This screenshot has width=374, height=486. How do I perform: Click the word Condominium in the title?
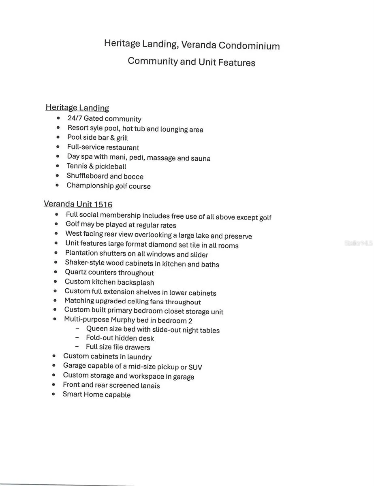249,45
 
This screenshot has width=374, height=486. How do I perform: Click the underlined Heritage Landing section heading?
77,108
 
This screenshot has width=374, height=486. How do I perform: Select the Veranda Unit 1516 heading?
78,204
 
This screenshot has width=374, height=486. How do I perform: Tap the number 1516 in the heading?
103,205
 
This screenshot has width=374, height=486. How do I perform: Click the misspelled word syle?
97,128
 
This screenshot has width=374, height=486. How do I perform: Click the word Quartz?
76,273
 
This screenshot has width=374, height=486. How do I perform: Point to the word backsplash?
135,283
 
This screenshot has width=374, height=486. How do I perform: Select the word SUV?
195,367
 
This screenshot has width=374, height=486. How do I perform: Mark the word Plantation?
81,254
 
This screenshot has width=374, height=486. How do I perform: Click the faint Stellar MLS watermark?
358,243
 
